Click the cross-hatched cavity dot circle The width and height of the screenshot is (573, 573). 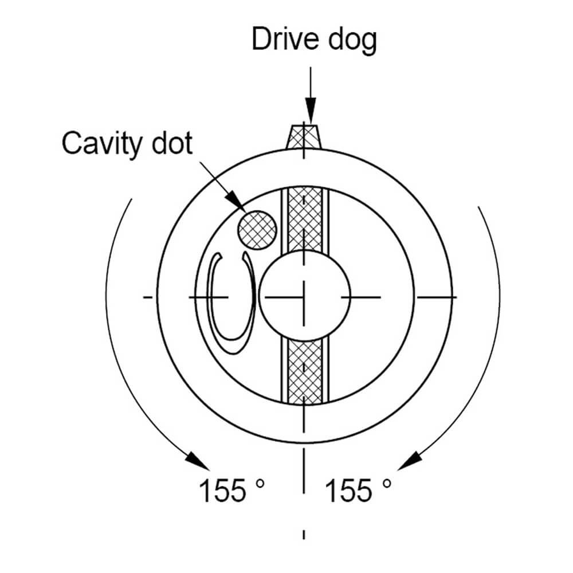pos(257,230)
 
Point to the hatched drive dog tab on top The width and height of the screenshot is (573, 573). pos(304,136)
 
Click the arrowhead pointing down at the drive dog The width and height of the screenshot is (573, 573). pos(310,111)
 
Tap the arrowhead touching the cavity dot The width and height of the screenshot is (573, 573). pos(236,201)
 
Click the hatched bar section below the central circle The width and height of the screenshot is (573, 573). pos(304,372)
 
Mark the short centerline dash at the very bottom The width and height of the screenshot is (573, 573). pos(304,534)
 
